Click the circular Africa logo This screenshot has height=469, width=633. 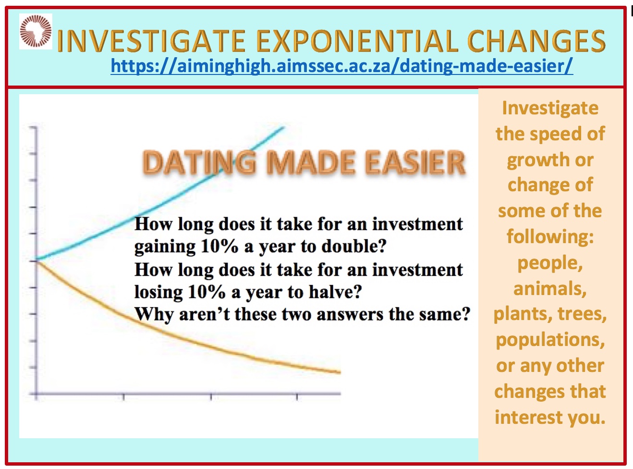pos(36,31)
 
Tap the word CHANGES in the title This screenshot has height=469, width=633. pos(536,41)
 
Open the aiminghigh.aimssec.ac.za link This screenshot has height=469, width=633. pos(341,66)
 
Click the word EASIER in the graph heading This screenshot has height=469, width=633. pos(415,162)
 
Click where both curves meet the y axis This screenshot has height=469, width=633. pos(36,260)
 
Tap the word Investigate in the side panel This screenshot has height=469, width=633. pos(550,109)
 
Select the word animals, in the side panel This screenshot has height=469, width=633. pos(550,288)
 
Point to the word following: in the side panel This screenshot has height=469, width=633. pos(550,237)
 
